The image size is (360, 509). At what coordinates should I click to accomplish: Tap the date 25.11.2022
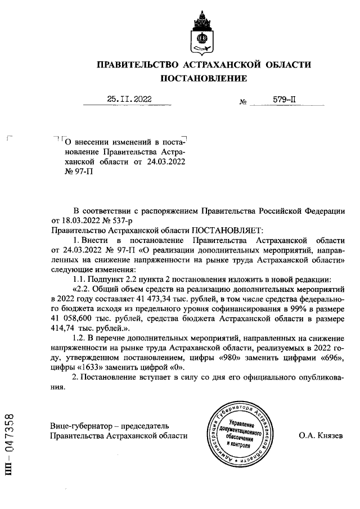[129, 100]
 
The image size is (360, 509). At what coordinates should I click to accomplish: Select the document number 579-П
[284, 100]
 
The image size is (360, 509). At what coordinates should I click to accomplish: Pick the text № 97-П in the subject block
[69, 172]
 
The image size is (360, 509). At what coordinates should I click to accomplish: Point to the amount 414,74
[66, 328]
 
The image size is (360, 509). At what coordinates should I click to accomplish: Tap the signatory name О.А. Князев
[320, 436]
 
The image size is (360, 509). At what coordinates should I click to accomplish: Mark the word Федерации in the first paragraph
[321, 211]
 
